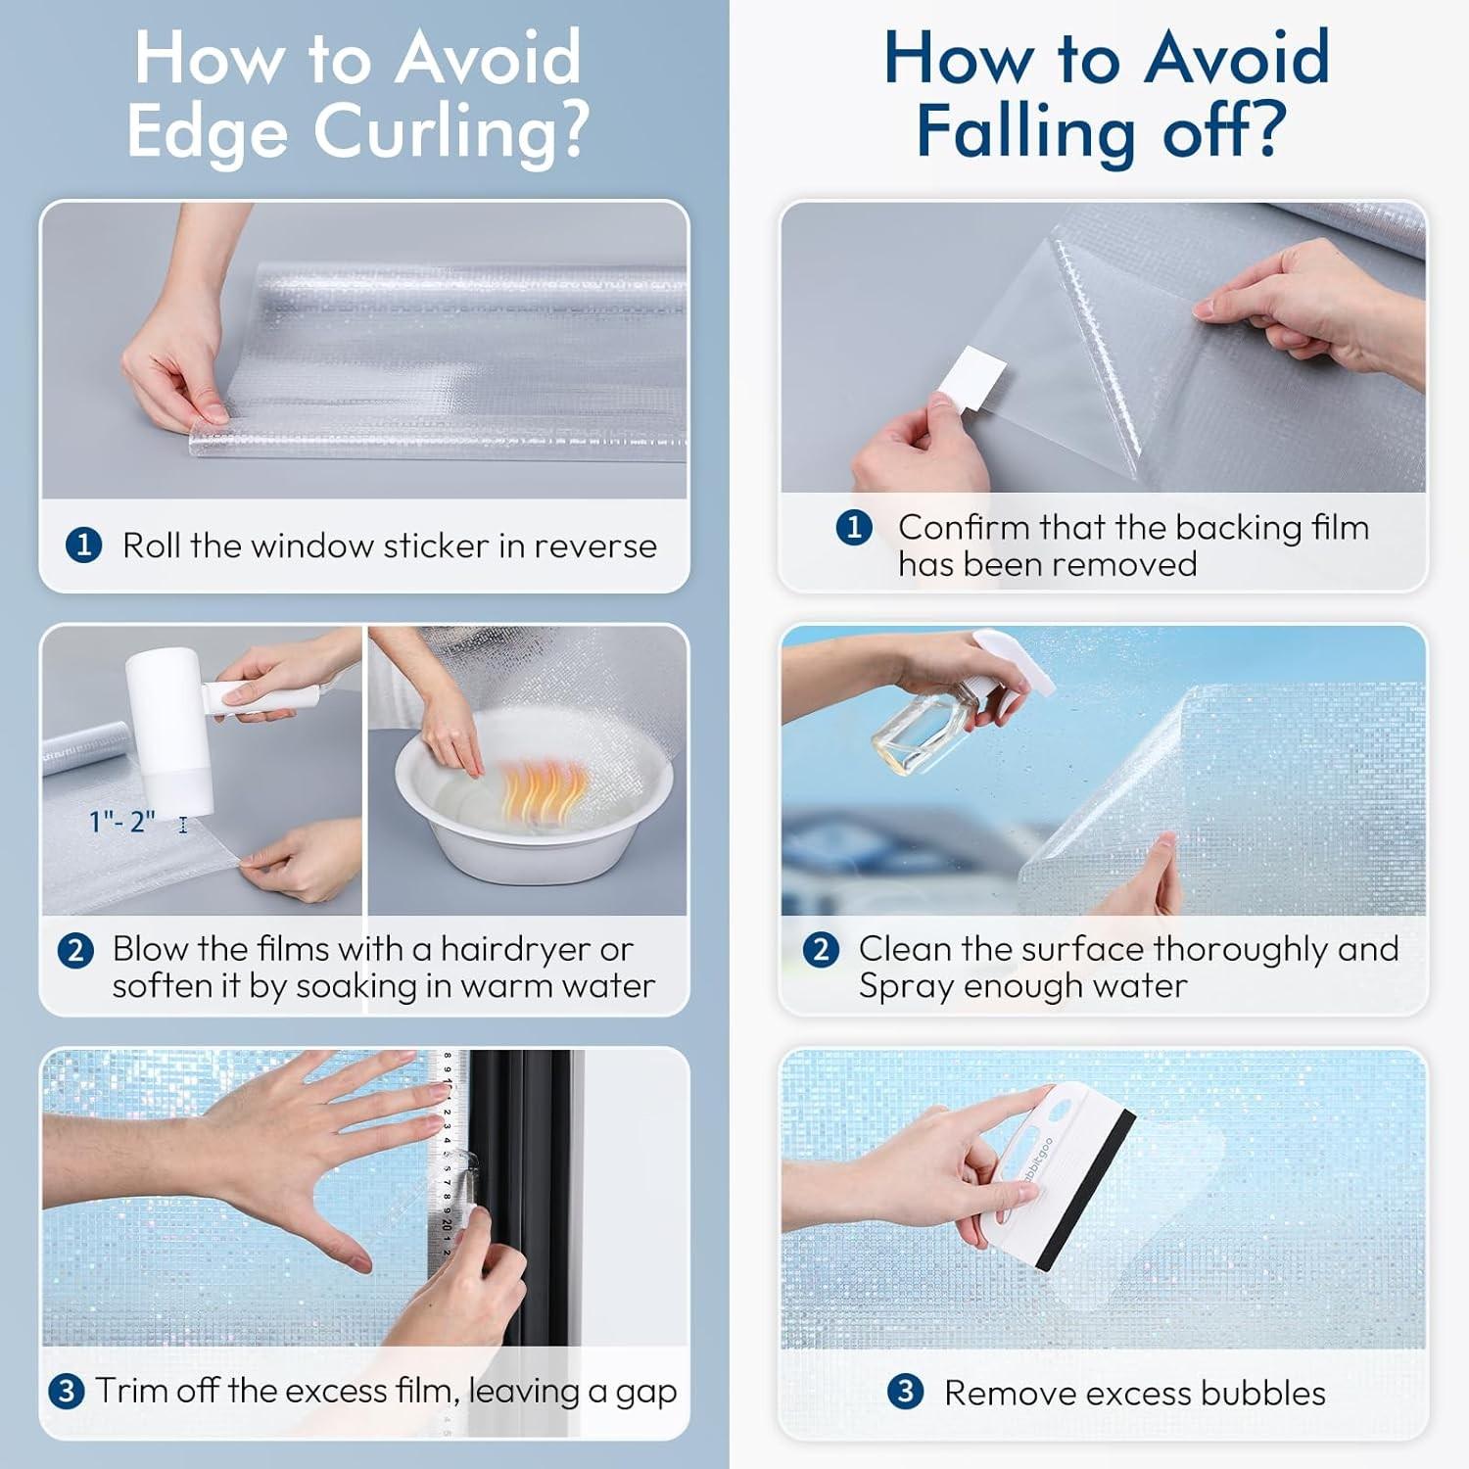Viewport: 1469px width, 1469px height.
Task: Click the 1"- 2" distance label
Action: [x=122, y=821]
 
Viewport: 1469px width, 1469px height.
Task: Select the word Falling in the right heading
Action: [x=1028, y=132]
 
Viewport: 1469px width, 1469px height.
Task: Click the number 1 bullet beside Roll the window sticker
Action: [x=83, y=545]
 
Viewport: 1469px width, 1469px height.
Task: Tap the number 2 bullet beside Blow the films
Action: [x=75, y=950]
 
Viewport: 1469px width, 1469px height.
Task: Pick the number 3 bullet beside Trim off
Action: [x=66, y=1391]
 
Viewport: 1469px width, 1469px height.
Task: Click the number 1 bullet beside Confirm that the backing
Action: [x=854, y=527]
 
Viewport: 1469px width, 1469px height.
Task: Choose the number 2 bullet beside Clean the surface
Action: [x=821, y=949]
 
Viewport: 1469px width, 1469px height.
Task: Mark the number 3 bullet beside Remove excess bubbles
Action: [x=905, y=1391]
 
